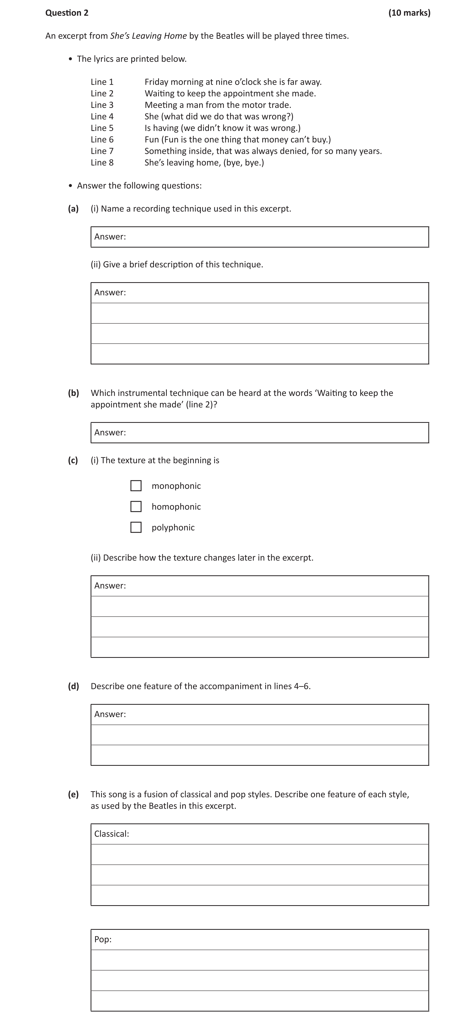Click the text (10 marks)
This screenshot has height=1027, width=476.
(x=409, y=13)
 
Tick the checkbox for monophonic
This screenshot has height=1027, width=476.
(x=136, y=485)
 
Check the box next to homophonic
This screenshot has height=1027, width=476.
(x=136, y=506)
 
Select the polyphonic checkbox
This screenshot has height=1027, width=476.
(x=136, y=527)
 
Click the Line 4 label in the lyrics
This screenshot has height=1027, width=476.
(x=102, y=116)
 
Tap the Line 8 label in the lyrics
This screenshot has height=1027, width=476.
(x=102, y=163)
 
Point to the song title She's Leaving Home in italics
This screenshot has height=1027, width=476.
(x=148, y=36)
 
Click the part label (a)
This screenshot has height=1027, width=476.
(x=73, y=209)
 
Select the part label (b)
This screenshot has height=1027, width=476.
(x=73, y=393)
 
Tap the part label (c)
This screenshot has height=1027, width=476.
(x=73, y=460)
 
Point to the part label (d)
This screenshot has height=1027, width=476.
(x=73, y=686)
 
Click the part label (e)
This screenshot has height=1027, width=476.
(x=73, y=794)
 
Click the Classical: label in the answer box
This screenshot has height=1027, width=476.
(x=112, y=834)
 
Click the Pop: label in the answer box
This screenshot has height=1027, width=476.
(x=103, y=939)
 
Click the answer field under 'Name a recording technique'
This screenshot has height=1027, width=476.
(x=275, y=237)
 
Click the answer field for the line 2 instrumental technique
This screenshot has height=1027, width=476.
(x=275, y=433)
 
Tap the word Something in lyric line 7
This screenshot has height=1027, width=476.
(x=164, y=151)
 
